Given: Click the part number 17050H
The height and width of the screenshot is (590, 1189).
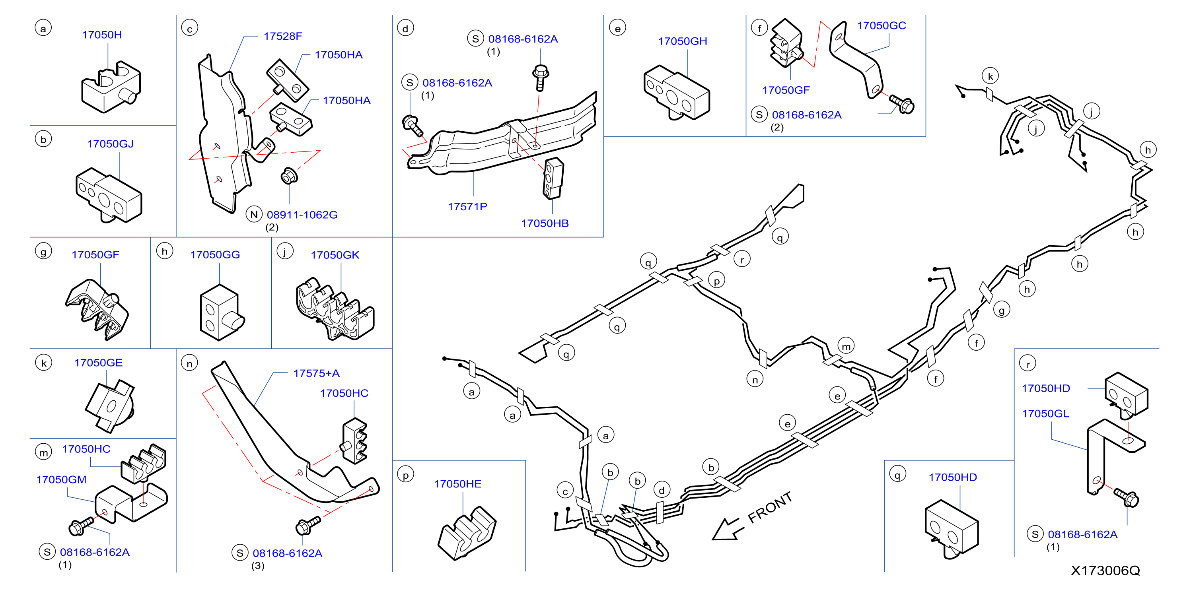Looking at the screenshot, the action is [x=102, y=35].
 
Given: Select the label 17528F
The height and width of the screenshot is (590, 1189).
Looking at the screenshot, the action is [x=282, y=37].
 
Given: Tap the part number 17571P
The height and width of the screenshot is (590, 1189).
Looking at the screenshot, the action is [x=467, y=207].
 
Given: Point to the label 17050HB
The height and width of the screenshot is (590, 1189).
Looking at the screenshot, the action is [x=545, y=223].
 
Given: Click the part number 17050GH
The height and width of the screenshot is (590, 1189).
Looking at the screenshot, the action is [x=682, y=41].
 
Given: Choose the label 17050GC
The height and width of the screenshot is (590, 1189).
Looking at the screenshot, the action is [x=881, y=26].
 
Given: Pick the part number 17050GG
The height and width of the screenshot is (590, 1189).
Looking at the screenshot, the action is [x=215, y=254].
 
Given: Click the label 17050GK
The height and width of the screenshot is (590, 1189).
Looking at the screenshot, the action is [x=335, y=255].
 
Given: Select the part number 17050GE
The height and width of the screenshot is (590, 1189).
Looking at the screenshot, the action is [x=98, y=363].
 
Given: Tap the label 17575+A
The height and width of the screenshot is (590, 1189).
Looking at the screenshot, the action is [x=316, y=373].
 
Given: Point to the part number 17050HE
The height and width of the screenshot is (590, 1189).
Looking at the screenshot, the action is [x=457, y=484].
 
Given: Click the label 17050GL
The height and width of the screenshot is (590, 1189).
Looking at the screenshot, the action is [x=1045, y=414].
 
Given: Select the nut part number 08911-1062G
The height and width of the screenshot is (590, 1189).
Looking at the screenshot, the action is [x=302, y=215].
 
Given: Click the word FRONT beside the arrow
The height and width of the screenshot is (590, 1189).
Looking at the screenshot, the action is [x=770, y=507].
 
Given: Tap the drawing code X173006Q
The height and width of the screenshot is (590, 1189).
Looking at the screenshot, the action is [x=1105, y=571].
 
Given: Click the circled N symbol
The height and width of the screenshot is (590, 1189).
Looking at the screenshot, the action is [x=254, y=215].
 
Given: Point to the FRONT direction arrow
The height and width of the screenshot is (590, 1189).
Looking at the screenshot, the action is [x=728, y=530].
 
